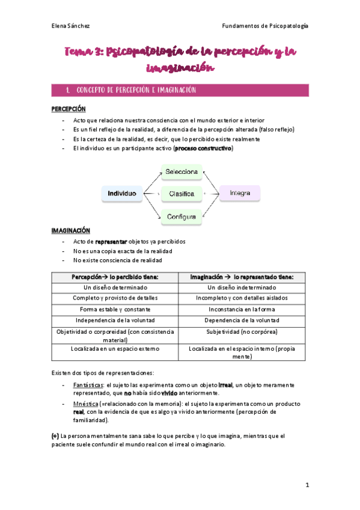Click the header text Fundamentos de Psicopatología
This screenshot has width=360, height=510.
point(265,26)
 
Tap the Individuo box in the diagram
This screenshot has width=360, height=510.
point(122,194)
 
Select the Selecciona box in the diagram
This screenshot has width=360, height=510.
point(182,172)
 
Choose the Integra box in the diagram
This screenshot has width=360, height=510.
point(239,193)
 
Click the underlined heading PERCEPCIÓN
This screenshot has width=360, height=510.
point(69,109)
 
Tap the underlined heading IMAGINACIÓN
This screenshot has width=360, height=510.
point(70,230)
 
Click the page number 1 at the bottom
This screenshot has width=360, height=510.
point(307,485)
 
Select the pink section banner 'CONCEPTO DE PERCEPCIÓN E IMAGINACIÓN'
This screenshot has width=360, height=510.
point(180,90)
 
